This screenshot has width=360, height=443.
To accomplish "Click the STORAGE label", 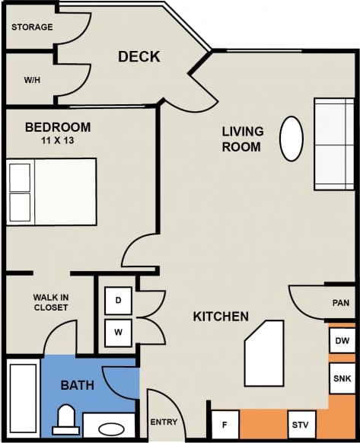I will [x=32, y=27].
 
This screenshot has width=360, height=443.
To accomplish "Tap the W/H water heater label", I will [x=31, y=79].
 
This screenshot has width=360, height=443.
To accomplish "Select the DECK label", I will [x=139, y=57].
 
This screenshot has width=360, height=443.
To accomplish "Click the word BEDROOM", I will [x=57, y=127].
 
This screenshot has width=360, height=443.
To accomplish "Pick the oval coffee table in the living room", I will [x=292, y=138].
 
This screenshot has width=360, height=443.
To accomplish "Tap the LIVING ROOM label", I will [x=241, y=139].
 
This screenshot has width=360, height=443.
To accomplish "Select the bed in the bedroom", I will [x=52, y=191].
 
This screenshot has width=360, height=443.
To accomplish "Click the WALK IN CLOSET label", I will [x=50, y=302].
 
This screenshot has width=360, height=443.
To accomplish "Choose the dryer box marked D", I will [x=118, y=301].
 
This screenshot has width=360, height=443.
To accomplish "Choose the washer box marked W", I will [x=118, y=332].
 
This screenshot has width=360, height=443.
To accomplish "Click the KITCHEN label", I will [x=221, y=316].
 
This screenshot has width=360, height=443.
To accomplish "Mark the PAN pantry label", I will [x=341, y=303].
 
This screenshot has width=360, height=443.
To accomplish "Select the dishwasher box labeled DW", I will [x=342, y=341].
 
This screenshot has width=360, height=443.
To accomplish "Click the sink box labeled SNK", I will [x=342, y=378].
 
